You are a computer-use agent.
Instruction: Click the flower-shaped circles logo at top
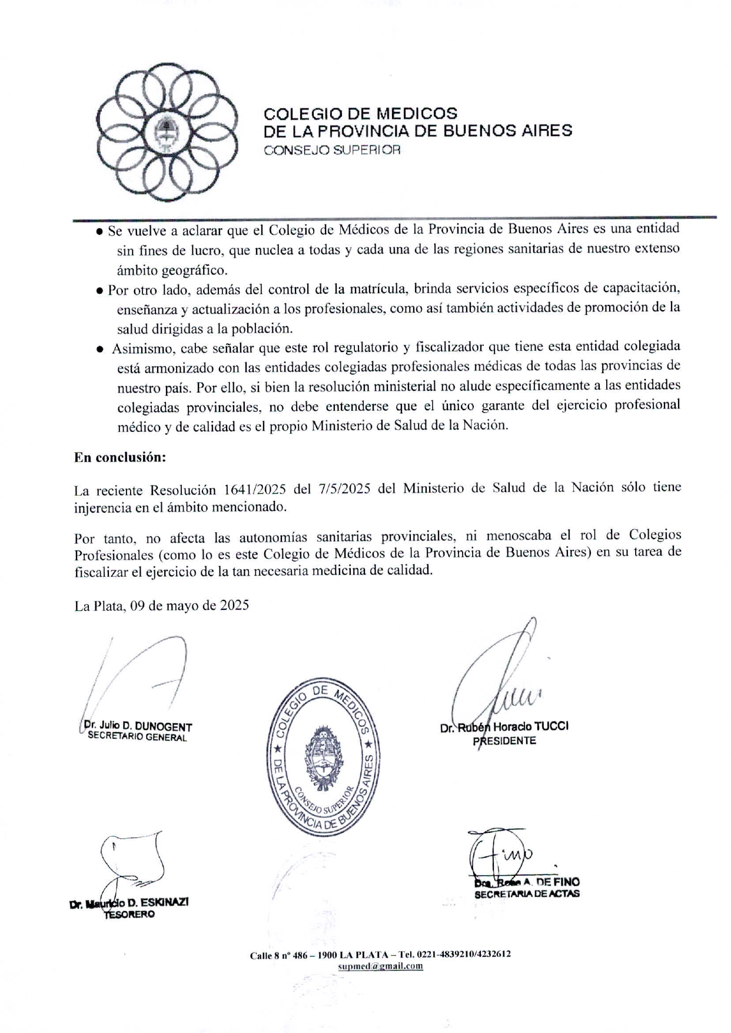[167, 132]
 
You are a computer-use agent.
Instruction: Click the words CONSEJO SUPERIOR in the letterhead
[332, 150]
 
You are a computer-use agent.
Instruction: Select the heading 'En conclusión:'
[120, 457]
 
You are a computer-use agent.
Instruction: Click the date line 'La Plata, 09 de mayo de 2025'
[161, 606]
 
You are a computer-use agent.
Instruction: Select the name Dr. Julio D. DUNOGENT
[138, 726]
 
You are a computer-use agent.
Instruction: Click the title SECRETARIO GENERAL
[137, 737]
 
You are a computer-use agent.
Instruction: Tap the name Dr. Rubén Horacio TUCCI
[504, 727]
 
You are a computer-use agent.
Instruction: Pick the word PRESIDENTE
[504, 741]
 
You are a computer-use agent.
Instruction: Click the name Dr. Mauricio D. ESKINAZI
[129, 903]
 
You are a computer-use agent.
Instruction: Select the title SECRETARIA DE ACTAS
[527, 894]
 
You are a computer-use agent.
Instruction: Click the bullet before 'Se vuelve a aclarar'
[100, 232]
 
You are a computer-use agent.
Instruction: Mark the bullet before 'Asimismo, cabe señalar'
[101, 349]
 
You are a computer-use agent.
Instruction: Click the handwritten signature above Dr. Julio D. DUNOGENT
[141, 677]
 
